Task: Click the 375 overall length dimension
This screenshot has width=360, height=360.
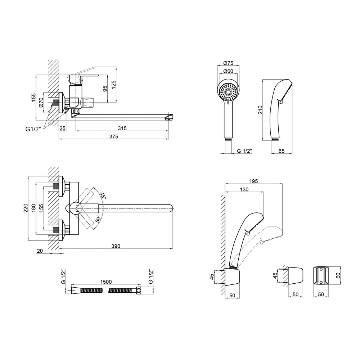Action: (114, 136)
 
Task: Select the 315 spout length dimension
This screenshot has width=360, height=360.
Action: (122, 128)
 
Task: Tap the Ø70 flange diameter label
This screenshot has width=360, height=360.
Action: (41, 102)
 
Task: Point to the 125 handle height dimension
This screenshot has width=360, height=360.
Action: (113, 85)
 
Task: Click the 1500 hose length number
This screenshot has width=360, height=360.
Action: (106, 282)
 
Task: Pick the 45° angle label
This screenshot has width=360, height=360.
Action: (103, 196)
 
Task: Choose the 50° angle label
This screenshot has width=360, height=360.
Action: (98, 219)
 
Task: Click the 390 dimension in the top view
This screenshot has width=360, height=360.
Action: (116, 246)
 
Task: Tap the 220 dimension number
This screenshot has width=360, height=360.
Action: (26, 208)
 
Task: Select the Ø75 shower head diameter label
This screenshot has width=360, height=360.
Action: (228, 63)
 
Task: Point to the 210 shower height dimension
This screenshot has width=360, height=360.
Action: (260, 110)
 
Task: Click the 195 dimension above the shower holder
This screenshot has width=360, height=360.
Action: (253, 181)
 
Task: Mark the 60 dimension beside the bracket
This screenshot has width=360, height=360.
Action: (338, 275)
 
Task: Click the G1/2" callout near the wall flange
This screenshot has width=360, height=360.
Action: (33, 129)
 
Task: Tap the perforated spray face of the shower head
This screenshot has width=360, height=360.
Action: (229, 92)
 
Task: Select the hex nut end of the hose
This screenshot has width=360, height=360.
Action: (139, 291)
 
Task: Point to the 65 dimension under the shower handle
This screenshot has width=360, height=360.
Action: (281, 151)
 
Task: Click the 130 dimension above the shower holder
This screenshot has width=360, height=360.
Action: (244, 189)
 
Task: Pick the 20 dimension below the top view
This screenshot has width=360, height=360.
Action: (40, 251)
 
